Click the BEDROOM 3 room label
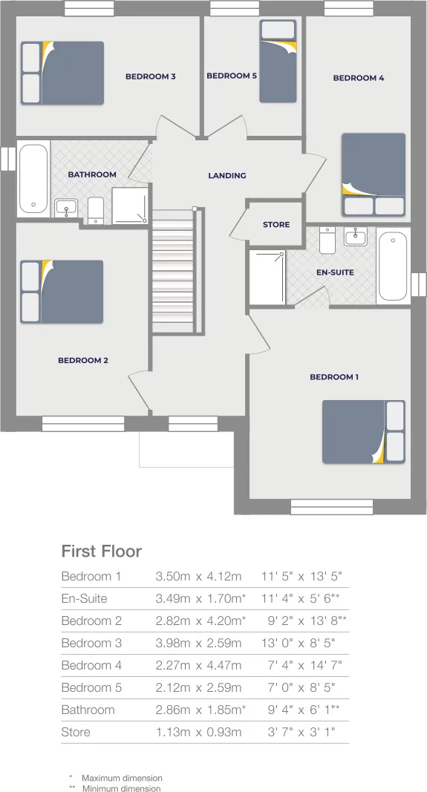point(150,76)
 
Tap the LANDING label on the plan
point(226,176)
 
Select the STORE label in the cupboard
point(276,225)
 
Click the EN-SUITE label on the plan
point(335,272)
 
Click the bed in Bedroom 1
point(362,432)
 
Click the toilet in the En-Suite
point(328,240)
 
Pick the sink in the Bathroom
point(67,207)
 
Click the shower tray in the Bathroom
point(129,206)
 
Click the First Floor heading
point(101,552)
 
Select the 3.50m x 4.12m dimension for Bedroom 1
point(198,576)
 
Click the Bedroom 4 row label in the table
point(91,665)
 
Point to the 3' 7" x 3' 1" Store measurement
point(301,732)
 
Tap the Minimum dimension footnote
point(120,788)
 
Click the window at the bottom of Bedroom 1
point(330,506)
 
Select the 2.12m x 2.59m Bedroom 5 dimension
point(198,687)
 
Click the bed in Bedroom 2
point(62,292)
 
